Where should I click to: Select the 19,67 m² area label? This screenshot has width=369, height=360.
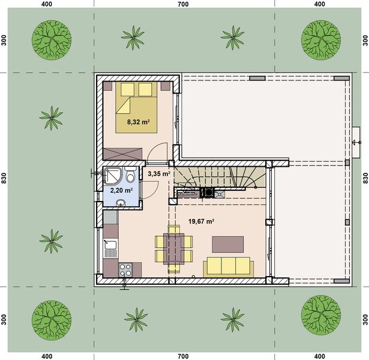pos(202,221)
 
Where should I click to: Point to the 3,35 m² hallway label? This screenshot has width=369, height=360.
pos(159,174)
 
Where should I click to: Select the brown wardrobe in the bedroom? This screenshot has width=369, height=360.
pos(123,153)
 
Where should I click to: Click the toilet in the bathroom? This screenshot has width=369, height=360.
pos(130,175)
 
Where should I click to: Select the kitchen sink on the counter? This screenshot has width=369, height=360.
pos(110,245)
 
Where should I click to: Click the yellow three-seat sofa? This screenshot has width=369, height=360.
pos(228,266)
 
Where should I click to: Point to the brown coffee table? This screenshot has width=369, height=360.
pos(228,243)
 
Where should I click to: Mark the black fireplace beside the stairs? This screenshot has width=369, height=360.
pos(207,193)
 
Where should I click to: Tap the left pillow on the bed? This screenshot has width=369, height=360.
pos(128,89)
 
